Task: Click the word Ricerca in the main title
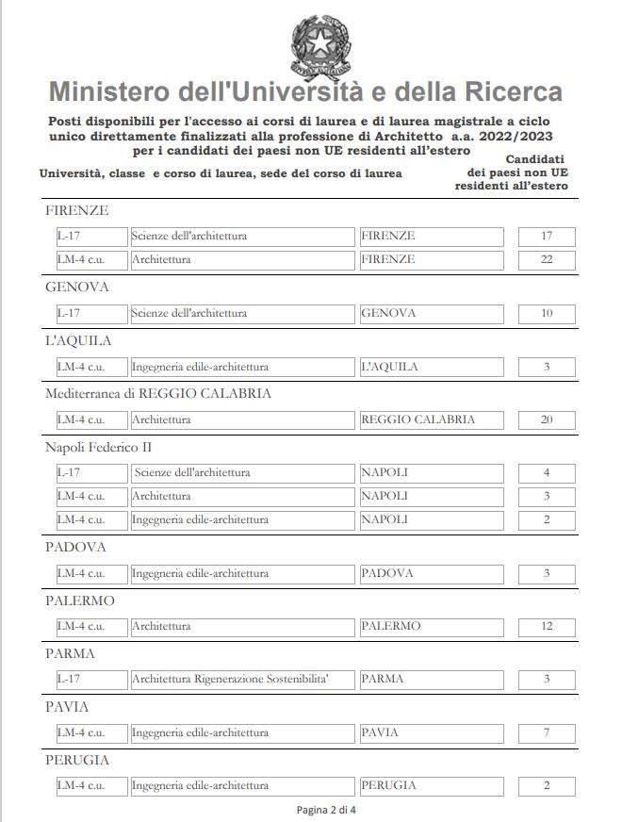(512, 92)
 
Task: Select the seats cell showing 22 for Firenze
(547, 259)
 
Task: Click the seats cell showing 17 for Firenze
(547, 236)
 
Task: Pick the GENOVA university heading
(77, 287)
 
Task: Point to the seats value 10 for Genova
(547, 313)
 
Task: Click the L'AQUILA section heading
(78, 340)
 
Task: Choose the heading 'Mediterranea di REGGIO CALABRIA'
(158, 393)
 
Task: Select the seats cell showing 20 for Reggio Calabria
(547, 419)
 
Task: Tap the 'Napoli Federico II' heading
(98, 446)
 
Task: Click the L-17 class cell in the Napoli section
(90, 472)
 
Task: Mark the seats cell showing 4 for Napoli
(547, 472)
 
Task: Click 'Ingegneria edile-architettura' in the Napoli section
(200, 519)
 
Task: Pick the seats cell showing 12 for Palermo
(547, 626)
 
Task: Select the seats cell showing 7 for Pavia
(547, 732)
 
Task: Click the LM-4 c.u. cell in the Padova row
(90, 573)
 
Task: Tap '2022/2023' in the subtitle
(513, 137)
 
